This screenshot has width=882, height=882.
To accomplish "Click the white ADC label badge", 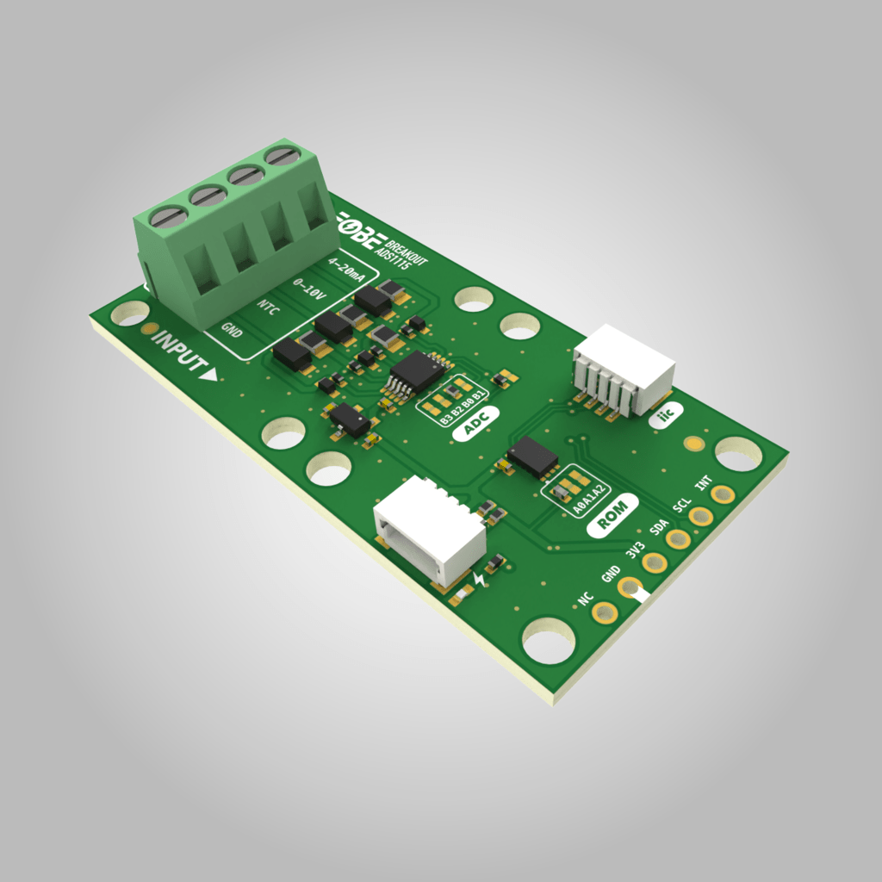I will click(472, 425).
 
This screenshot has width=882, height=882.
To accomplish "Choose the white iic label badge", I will click(664, 417).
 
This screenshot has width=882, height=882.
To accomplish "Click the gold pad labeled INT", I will click(723, 494).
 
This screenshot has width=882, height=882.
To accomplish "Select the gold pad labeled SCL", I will click(701, 516).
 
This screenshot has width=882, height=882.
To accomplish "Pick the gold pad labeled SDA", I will click(678, 539).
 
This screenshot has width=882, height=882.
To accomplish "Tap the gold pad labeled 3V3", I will click(655, 562).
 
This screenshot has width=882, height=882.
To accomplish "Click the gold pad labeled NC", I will click(606, 612).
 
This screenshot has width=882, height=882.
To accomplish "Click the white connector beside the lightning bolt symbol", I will click(428, 527).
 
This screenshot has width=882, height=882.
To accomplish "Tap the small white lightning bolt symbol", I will click(480, 580).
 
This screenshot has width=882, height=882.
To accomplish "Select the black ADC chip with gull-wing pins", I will click(416, 372).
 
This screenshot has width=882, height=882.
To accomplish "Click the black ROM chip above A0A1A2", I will click(532, 457).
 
